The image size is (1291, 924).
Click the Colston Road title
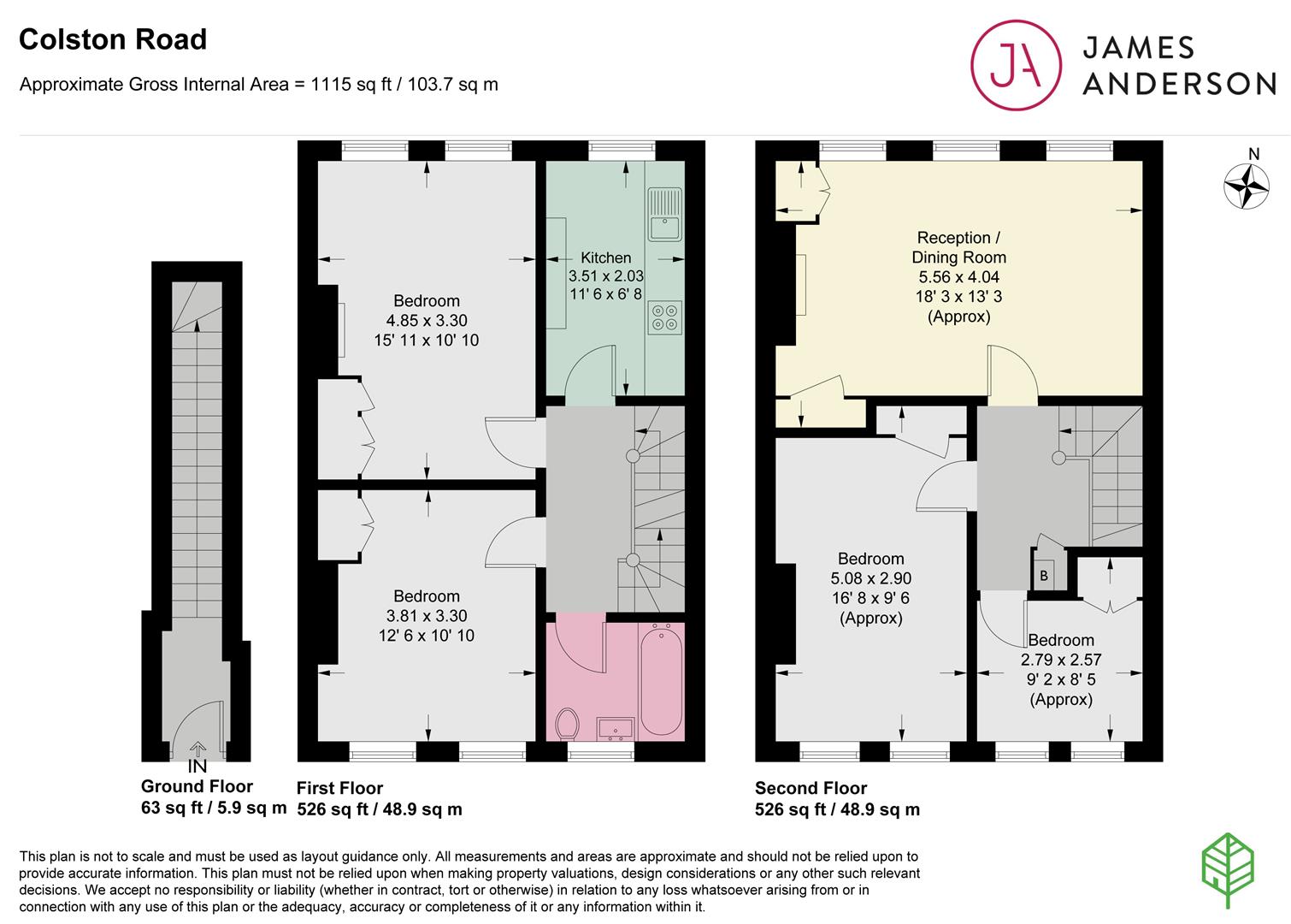click(113, 40)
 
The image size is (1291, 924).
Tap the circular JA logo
click(1016, 65)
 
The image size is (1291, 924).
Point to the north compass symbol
click(1246, 186)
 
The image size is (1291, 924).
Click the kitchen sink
click(664, 215)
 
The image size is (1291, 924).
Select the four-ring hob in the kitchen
click(664, 317)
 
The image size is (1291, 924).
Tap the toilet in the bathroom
click(567, 723)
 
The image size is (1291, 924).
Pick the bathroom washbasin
click(615, 729)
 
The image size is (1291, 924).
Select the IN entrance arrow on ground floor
click(197, 749)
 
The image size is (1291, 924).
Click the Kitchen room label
click(605, 258)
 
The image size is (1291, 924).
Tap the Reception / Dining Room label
click(959, 247)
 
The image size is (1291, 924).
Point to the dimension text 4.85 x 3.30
click(427, 321)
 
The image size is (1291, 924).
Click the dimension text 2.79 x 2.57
click(1061, 660)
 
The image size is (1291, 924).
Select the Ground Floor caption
click(197, 786)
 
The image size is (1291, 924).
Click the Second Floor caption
click(811, 788)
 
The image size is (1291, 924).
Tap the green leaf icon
click(1228, 870)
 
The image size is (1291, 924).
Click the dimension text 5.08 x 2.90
click(871, 578)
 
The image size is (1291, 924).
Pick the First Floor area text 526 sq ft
click(332, 809)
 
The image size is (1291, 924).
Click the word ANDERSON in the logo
click(1179, 84)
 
